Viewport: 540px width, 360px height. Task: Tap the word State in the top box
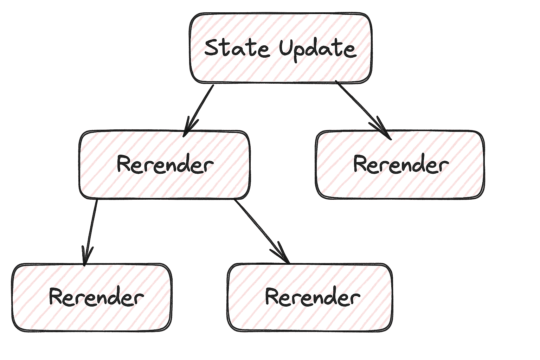tap(237, 48)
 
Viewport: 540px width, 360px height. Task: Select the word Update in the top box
tap(318, 49)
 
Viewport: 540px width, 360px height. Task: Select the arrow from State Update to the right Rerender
tap(362, 109)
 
